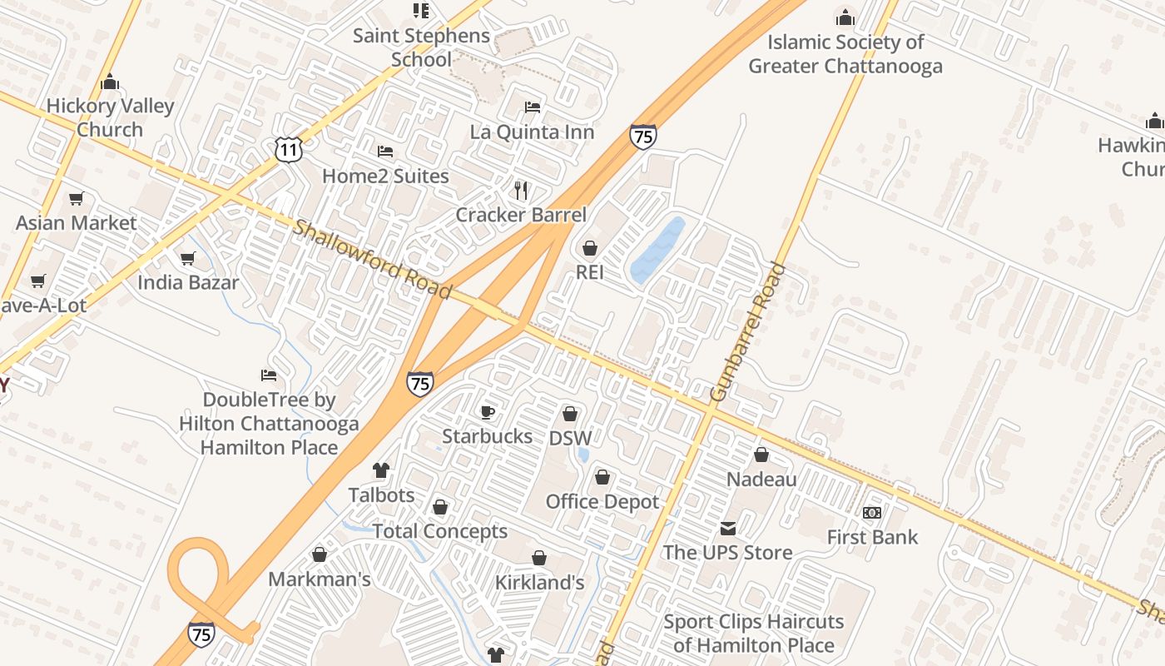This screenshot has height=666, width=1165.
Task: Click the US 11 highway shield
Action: tap(288, 150)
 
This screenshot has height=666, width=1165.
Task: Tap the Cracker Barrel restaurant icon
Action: tap(521, 191)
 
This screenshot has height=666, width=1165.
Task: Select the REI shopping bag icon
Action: tap(590, 248)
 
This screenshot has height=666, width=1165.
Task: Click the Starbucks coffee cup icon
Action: tap(488, 412)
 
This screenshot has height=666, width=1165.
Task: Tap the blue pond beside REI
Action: tap(657, 250)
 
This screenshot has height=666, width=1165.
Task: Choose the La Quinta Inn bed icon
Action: tap(533, 107)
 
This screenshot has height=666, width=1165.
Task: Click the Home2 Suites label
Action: tap(385, 176)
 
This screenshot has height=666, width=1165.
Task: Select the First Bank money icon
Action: tap(872, 512)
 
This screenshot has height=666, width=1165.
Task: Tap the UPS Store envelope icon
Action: tap(728, 528)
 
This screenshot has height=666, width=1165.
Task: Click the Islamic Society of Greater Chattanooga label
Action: tap(845, 54)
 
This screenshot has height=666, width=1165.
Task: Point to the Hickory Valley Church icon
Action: tap(110, 82)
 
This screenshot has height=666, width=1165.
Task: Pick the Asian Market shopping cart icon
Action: tap(77, 198)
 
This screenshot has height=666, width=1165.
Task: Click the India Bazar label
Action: tap(188, 282)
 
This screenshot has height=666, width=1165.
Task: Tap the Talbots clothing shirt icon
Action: tap(381, 470)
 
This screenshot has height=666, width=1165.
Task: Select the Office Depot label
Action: tap(602, 501)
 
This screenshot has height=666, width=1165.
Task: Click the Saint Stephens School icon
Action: tap(421, 11)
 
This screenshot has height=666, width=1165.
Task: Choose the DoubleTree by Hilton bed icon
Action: tap(269, 375)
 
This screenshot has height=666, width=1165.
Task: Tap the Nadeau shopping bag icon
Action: tap(761, 455)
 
